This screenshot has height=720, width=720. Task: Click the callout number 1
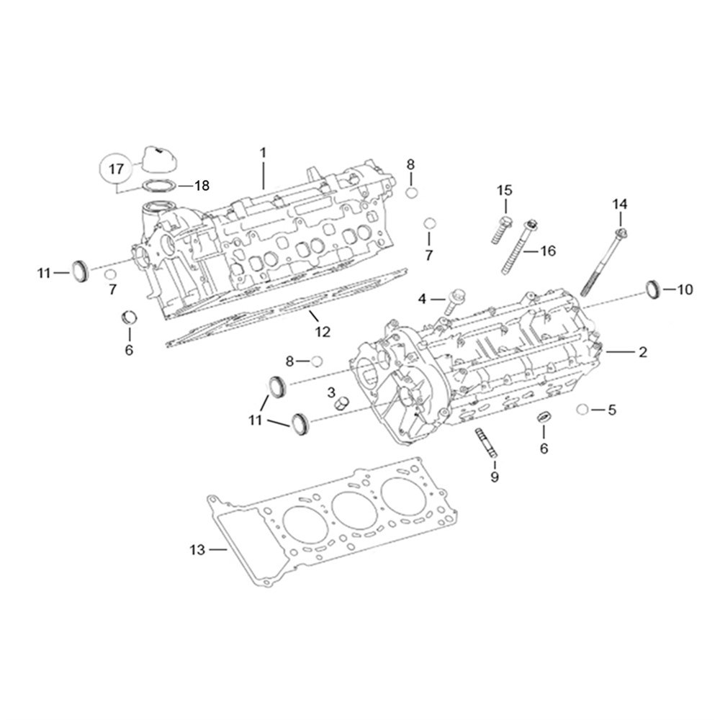(x=263, y=153)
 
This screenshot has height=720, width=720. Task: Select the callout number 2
(x=642, y=352)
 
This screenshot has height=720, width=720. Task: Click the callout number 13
(x=197, y=551)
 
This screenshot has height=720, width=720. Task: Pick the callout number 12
(x=322, y=332)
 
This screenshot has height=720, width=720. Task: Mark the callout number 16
(x=548, y=251)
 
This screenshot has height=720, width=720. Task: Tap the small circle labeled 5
(x=582, y=410)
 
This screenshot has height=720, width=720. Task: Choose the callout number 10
(x=684, y=289)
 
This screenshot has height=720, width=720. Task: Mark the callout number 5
(x=612, y=410)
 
